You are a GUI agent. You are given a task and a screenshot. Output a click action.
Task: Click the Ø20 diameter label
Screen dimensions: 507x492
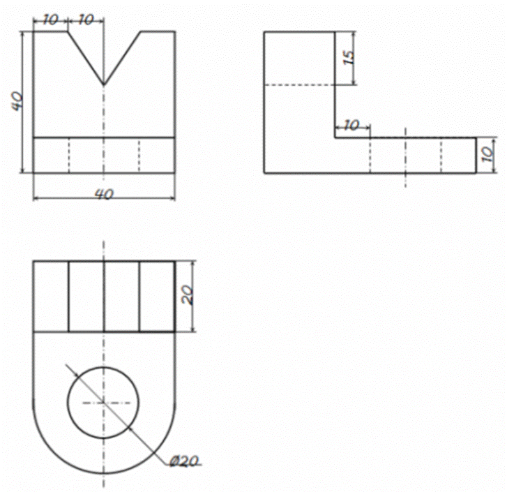point(183,461)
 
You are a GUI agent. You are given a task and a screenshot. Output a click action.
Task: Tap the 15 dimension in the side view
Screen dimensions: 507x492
point(349,57)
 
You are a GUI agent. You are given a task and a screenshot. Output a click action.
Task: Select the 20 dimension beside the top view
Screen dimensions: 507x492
point(188,295)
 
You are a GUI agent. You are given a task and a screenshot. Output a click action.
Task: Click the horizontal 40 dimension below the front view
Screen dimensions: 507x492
point(104,194)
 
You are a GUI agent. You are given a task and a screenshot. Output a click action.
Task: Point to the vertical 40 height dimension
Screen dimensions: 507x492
point(17,101)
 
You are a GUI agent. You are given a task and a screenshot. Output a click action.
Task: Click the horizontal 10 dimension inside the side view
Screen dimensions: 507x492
point(351,125)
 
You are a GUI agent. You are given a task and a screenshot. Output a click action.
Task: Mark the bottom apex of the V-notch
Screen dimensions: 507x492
point(103,84)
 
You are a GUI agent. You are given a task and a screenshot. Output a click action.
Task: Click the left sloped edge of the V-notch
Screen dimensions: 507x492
point(86,58)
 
